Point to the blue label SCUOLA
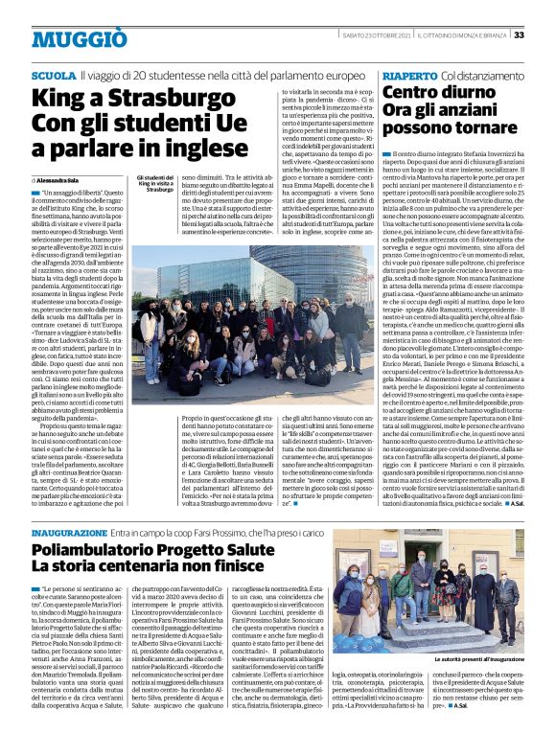pos(53,75)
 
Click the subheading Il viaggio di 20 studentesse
pos(174,75)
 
